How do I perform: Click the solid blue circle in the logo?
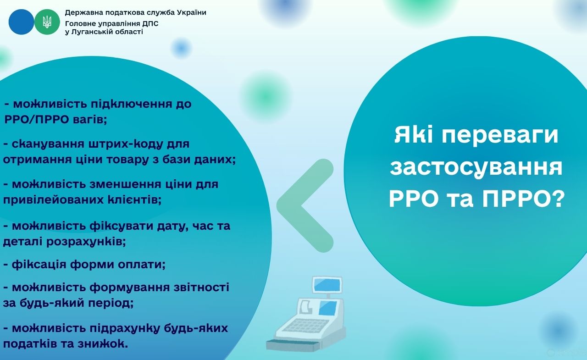point(21,22)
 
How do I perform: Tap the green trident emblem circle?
point(47,22)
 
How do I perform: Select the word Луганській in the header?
point(95,32)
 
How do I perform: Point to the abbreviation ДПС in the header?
point(150,23)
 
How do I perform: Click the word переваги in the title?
point(500,136)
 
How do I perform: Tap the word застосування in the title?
point(476,168)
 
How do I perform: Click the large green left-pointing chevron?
point(305,205)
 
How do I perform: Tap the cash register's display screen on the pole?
point(327,285)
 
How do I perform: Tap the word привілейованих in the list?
point(53,200)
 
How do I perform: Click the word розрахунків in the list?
point(86,242)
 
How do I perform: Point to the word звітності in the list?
point(201,287)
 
